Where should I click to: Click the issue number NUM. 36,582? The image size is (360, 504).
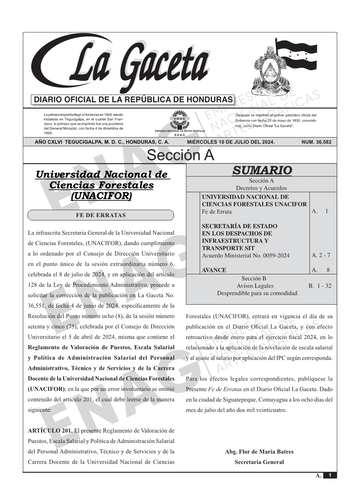click(316, 142)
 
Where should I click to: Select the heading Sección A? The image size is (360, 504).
click(180, 155)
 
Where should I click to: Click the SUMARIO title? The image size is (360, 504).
click(262, 170)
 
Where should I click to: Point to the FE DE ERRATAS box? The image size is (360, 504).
click(101, 215)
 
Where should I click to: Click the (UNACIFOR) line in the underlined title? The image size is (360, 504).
click(101, 196)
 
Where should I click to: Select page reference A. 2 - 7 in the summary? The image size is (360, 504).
click(321, 255)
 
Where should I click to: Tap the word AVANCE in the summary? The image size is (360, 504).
click(214, 270)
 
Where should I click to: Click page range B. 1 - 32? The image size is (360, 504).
click(320, 286)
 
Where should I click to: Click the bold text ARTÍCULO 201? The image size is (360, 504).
click(50, 431)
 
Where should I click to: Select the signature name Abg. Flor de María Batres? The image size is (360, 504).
click(259, 452)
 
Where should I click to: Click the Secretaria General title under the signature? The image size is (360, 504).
click(259, 462)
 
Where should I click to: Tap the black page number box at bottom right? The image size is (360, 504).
click(330, 475)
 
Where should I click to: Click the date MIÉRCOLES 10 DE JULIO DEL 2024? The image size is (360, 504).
click(230, 142)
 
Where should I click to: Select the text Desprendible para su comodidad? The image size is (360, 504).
click(257, 293)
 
